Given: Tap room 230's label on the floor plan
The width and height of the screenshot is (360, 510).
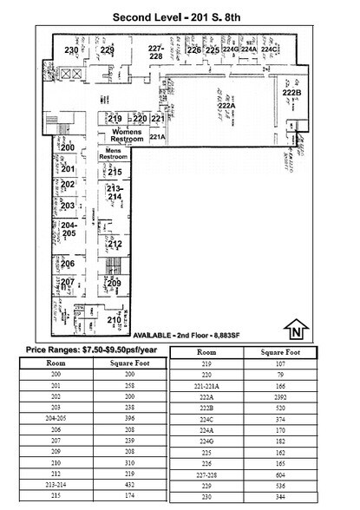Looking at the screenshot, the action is click(72, 50).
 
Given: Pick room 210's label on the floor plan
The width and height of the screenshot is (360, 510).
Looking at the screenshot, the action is click(114, 321).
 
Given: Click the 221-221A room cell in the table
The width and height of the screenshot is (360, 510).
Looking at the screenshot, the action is click(206, 386).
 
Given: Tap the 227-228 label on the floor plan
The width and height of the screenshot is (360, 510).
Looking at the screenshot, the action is click(156, 51).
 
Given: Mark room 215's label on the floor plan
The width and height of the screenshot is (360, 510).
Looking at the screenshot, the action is click(115, 173).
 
